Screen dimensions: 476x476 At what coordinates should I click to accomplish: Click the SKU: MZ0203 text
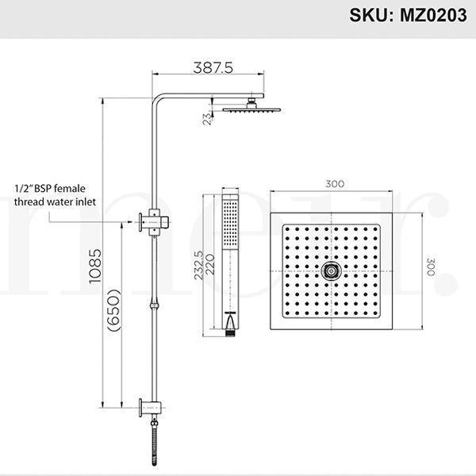(x=401, y=16)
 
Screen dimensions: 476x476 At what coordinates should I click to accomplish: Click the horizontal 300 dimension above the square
(x=335, y=184)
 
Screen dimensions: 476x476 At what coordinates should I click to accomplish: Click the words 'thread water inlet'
(x=55, y=202)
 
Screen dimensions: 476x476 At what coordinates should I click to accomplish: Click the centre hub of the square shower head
(x=332, y=271)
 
